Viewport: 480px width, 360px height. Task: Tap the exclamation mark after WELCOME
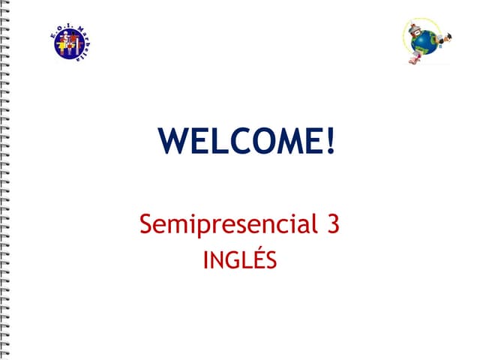[x=330, y=142]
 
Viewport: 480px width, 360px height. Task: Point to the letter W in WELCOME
[x=175, y=142]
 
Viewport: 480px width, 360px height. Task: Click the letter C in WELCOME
[x=235, y=142]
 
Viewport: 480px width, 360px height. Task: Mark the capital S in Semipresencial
[x=146, y=223]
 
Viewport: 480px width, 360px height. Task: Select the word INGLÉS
[x=240, y=261]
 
